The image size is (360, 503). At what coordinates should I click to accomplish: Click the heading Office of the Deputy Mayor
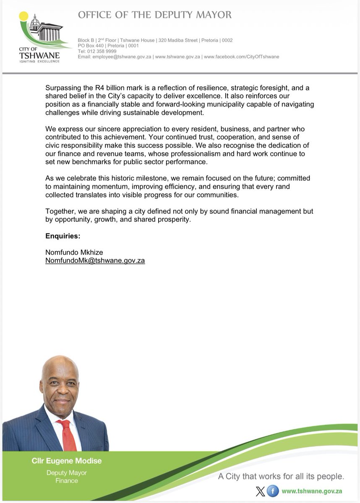[155, 15]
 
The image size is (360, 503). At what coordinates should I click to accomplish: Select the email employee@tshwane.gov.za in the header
[122, 57]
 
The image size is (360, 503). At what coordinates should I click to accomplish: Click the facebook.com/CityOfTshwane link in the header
[241, 57]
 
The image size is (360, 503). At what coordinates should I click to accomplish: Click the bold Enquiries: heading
[63, 236]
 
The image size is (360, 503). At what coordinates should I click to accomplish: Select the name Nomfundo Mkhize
[74, 252]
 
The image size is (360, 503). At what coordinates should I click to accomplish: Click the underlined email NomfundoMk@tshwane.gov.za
[95, 260]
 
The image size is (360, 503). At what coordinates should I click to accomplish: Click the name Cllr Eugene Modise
[67, 461]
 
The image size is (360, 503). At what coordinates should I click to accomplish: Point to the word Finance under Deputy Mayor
[67, 480]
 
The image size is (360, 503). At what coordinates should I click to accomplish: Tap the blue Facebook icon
[272, 491]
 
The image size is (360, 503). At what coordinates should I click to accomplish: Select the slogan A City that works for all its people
[281, 476]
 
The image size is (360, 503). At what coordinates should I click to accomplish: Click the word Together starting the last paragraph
[60, 212]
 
